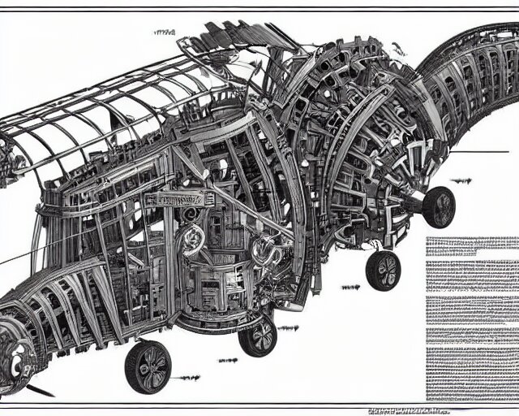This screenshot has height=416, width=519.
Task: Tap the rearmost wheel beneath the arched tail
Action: (x=439, y=206)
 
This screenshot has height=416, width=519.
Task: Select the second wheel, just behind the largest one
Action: (x=258, y=335)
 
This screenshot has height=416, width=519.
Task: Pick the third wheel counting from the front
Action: (x=384, y=270)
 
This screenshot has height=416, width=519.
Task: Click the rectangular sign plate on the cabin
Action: (x=177, y=198)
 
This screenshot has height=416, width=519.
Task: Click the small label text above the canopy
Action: (x=165, y=33)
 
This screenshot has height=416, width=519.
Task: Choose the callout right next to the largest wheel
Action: (x=188, y=378)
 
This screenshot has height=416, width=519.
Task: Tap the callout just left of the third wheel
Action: (x=350, y=287)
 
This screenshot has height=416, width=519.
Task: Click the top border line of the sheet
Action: (x=259, y=9)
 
